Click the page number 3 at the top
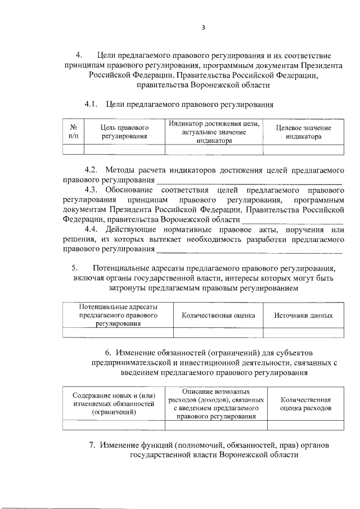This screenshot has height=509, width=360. coord(204,28)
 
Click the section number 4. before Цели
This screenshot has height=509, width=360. coord(79,55)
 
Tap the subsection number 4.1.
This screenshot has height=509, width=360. coord(92,105)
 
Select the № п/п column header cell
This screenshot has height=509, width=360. coord(73,132)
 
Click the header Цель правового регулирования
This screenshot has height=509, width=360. coord(124,132)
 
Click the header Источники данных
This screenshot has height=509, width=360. coord(303,316)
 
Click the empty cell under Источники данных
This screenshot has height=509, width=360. coord(303,332)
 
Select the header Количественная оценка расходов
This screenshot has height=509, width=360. coord(305,403)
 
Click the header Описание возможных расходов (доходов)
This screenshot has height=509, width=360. coord(216,403)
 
